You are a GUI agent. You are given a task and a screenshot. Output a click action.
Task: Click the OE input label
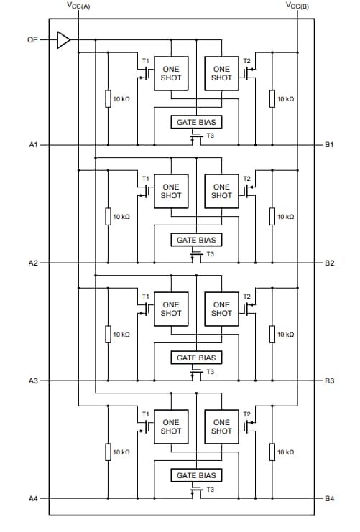32,40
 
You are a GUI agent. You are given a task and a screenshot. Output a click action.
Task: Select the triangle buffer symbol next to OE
64,40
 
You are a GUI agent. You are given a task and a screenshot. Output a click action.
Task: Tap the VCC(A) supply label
78,6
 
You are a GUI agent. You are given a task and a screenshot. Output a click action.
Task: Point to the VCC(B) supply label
297,6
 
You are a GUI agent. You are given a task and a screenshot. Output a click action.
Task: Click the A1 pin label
33,145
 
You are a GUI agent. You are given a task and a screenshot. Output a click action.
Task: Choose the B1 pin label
329,145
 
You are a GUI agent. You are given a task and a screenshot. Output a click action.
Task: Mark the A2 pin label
33,263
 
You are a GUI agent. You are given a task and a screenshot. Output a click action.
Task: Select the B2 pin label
329,263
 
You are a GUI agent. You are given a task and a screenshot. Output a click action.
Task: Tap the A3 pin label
33,381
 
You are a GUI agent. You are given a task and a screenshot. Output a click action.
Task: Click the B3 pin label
329,381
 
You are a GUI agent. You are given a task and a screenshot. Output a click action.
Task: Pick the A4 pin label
33,498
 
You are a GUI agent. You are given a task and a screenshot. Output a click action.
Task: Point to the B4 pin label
329,498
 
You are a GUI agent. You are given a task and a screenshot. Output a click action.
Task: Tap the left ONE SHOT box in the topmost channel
171,73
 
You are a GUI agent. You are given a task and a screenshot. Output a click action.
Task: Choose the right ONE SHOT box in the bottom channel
221,426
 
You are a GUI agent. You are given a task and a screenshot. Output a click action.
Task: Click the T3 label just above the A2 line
210,253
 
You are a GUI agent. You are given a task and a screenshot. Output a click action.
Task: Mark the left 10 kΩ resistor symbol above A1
108,98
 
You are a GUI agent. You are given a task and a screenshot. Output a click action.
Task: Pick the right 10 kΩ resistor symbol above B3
272,334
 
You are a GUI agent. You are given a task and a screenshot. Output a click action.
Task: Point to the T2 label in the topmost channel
246,60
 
